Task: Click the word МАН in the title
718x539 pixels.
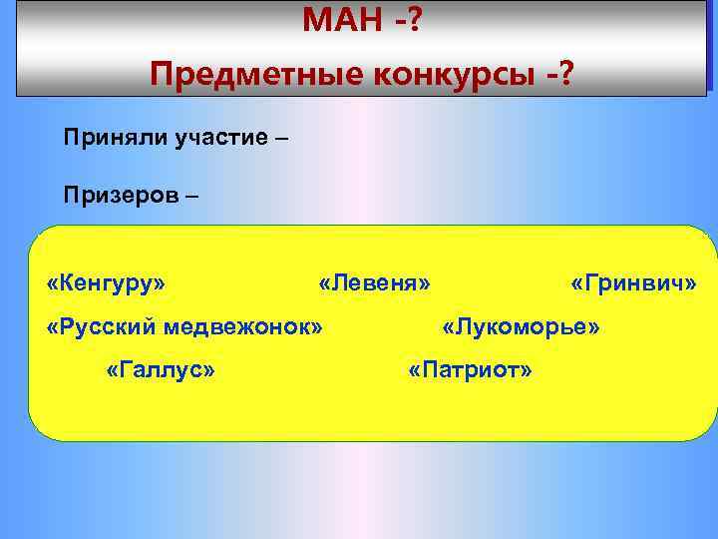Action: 340,18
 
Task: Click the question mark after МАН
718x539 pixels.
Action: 414,18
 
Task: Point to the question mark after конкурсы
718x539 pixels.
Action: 565,73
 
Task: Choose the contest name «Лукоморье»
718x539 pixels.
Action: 521,326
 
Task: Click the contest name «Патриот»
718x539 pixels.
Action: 470,370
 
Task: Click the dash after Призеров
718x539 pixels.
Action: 190,194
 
